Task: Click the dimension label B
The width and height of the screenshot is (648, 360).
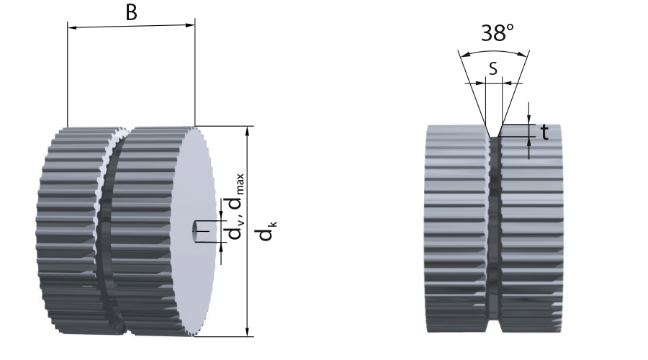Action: pos(131,13)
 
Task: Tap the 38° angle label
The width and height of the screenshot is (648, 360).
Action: pos(497,32)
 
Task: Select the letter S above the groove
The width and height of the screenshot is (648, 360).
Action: pos(493,68)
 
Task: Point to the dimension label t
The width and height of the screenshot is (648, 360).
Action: pos(545,132)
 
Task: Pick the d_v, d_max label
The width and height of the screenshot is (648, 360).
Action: pos(236,207)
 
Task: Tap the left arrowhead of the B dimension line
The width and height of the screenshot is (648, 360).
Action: pos(72,28)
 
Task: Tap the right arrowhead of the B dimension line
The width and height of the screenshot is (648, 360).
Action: pos(190,24)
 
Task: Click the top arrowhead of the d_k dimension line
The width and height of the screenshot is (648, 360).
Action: pos(247,131)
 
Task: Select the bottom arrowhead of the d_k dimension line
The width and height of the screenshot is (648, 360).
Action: pos(247,331)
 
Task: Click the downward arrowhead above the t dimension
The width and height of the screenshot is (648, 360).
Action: pos(529,120)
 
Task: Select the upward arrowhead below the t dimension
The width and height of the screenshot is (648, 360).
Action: pos(529,142)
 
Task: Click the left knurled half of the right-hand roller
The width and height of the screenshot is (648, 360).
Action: pos(456,228)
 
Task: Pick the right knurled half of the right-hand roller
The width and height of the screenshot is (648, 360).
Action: pos(532,228)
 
